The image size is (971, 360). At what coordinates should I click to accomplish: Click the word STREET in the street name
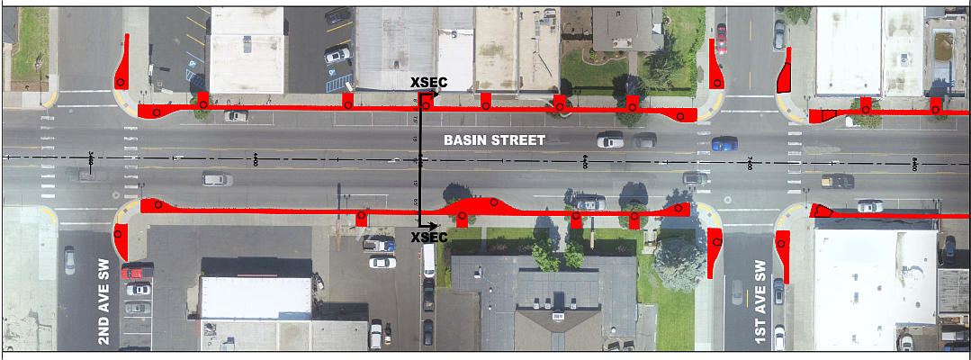(519, 140)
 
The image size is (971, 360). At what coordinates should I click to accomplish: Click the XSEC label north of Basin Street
(428, 83)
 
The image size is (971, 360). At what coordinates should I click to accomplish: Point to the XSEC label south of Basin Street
(428, 238)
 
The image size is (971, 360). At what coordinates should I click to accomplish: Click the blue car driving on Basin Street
(724, 143)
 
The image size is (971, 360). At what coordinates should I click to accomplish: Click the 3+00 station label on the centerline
(92, 159)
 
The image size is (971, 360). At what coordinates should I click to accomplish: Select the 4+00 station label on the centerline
(256, 160)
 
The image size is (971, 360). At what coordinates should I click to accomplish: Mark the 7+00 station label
(750, 163)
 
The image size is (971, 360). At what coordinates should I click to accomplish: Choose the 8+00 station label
(914, 163)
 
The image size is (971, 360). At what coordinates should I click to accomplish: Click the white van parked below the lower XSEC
(429, 261)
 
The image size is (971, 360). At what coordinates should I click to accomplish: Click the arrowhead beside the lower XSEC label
(434, 225)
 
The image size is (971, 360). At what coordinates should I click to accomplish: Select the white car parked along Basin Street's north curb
(237, 116)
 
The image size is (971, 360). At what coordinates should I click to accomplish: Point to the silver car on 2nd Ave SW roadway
(70, 261)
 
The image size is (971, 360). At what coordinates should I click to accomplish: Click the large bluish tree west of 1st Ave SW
(678, 261)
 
